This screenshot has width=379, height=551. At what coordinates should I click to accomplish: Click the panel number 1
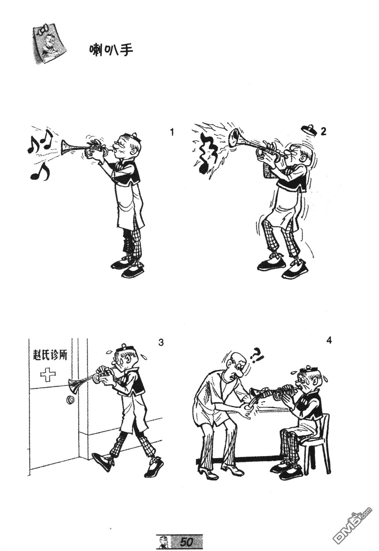[172, 132]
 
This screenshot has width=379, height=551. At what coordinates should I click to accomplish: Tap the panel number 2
[323, 131]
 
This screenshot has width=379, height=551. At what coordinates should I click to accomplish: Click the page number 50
[187, 542]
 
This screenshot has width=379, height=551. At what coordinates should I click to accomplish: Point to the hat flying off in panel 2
[309, 129]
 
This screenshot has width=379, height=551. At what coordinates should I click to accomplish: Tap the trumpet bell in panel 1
[65, 148]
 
